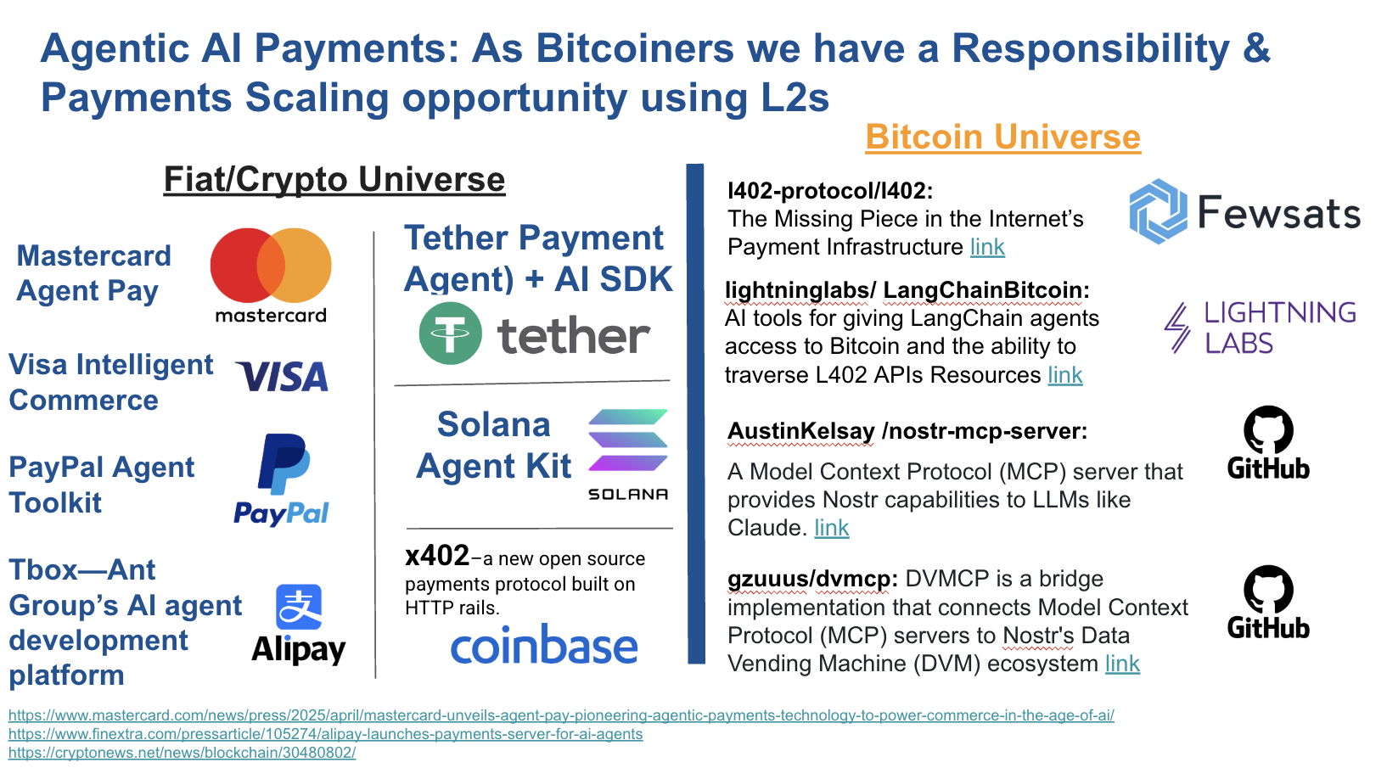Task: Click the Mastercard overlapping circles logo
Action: click(271, 266)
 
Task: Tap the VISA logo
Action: click(283, 377)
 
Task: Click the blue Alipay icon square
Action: click(299, 607)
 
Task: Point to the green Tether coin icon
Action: click(450, 333)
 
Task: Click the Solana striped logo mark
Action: click(628, 440)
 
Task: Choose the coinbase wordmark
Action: click(544, 647)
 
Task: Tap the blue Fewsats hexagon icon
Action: click(1158, 211)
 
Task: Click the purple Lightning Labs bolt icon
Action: click(1177, 328)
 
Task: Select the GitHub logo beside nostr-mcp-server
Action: click(1268, 442)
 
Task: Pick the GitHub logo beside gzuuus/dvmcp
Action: click(1268, 602)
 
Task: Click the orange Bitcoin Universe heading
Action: click(1002, 137)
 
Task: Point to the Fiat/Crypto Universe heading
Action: click(334, 180)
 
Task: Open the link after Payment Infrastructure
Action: click(987, 247)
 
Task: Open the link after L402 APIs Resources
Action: click(1065, 375)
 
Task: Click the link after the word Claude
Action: click(832, 528)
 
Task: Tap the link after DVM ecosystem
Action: click(1122, 664)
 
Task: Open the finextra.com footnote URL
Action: click(325, 734)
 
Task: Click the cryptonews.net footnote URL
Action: click(182, 753)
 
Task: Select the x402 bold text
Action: click(437, 556)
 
